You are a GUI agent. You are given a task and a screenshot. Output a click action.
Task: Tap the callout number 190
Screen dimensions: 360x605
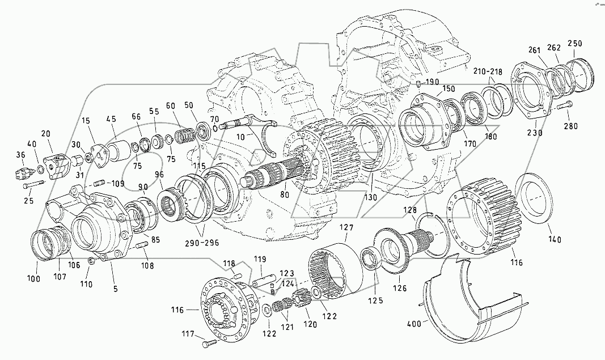point(432,82)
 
